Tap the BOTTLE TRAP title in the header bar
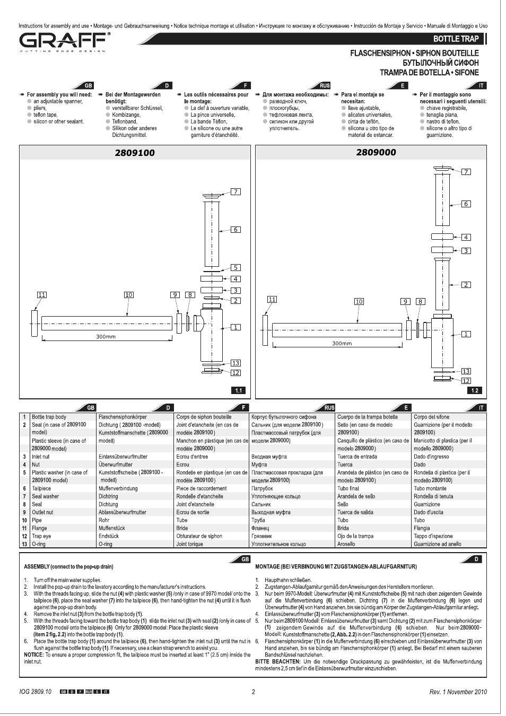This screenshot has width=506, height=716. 456,39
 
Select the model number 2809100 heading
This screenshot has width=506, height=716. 135,153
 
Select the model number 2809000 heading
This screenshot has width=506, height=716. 376,152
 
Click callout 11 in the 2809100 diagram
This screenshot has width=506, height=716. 42,295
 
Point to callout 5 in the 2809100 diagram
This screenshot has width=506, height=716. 235,267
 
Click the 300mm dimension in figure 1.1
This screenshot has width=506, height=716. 106,337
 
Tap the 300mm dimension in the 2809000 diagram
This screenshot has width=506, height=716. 342,344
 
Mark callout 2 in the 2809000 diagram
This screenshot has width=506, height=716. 466,285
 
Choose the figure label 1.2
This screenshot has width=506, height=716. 475,390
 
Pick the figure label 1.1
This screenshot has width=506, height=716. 239,390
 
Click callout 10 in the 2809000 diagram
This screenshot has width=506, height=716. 359,301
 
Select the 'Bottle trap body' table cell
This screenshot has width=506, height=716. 49,417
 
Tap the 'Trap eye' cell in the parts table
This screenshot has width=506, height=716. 41,536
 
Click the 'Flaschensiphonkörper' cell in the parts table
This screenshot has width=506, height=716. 123,417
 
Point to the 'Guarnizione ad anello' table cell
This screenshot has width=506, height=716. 437,544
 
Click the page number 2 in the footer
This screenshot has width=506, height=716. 254,692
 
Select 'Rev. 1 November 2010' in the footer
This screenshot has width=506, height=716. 458,692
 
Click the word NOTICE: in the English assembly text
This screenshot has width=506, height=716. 34,654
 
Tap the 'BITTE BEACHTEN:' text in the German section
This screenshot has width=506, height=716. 278,661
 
